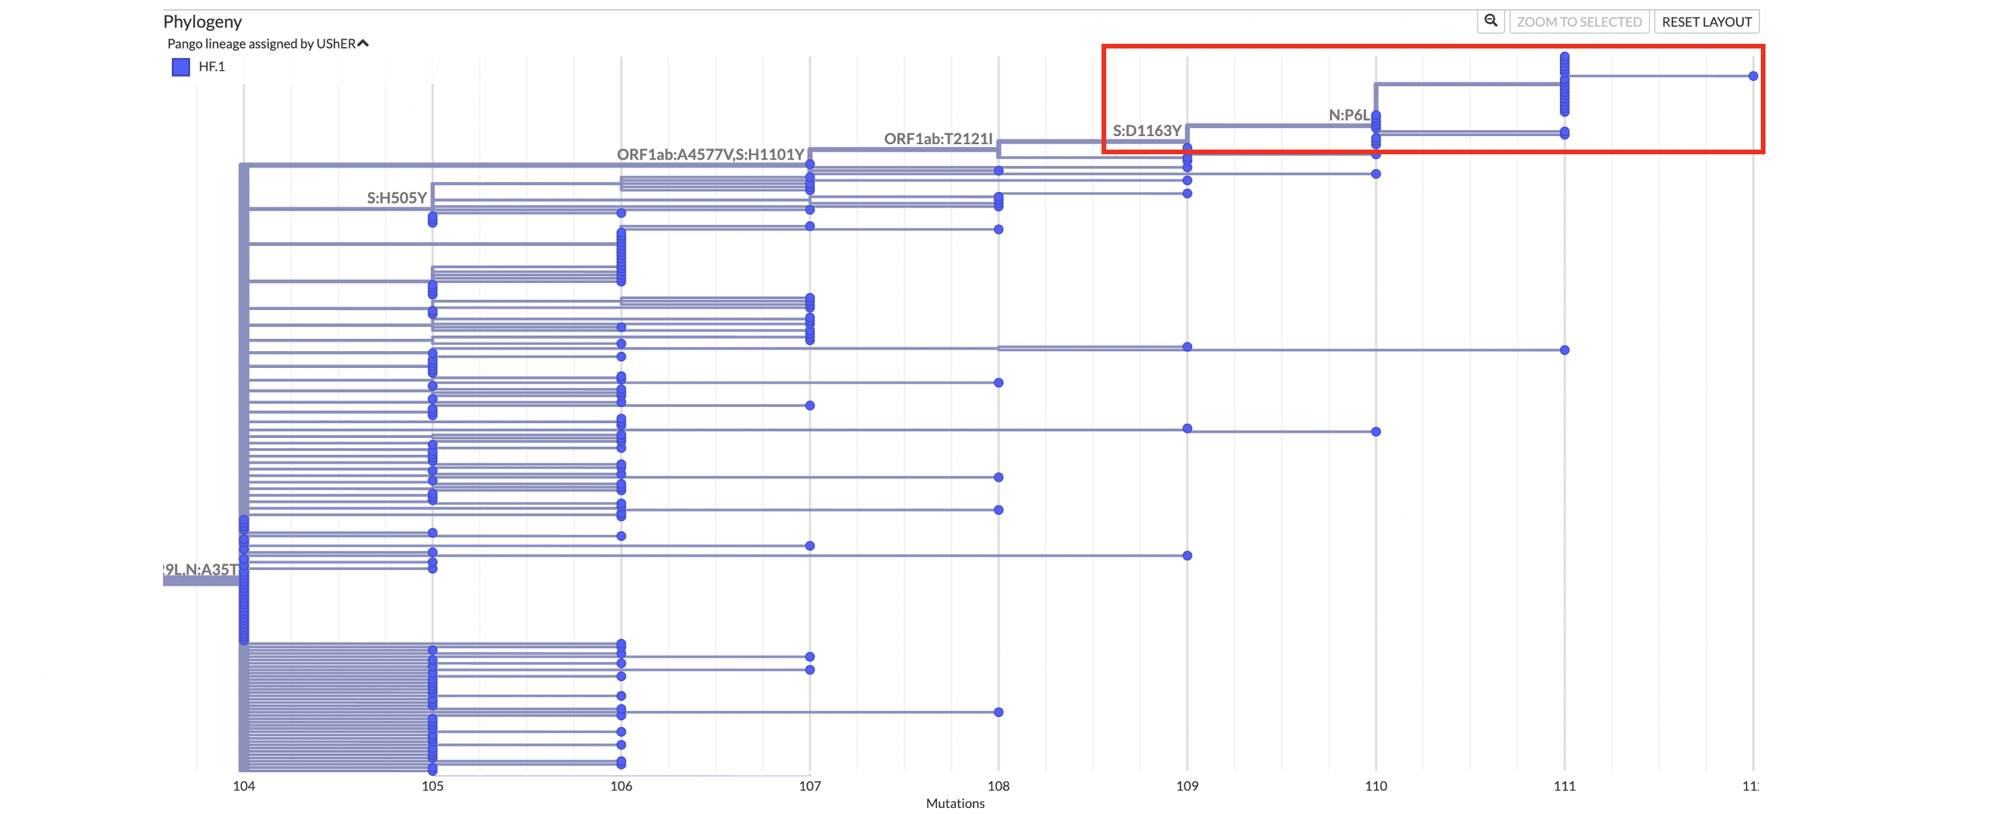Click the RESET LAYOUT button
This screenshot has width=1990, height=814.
pyautogui.click(x=1706, y=22)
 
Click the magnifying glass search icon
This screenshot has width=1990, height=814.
pyautogui.click(x=1490, y=21)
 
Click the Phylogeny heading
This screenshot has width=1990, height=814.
pyautogui.click(x=202, y=22)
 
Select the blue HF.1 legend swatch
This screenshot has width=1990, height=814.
pyautogui.click(x=181, y=67)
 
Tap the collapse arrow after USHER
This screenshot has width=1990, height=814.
pyautogui.click(x=363, y=43)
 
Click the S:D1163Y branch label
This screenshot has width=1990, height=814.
pyautogui.click(x=1147, y=131)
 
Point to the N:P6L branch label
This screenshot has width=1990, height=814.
pyautogui.click(x=1348, y=115)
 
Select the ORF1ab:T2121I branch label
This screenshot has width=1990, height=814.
pyautogui.click(x=938, y=139)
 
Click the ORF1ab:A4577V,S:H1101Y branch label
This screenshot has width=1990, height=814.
pyautogui.click(x=710, y=154)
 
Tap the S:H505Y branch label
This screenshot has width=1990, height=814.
pyautogui.click(x=396, y=197)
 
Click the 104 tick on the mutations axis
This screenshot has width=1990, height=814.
pyautogui.click(x=243, y=786)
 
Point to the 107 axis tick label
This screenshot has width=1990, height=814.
pyautogui.click(x=810, y=786)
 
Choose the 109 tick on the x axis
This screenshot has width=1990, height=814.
pyautogui.click(x=1186, y=786)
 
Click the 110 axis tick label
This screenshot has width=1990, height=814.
pyautogui.click(x=1375, y=786)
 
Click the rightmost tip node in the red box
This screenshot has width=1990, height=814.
pyautogui.click(x=1753, y=75)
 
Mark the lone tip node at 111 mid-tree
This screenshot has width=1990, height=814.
pyautogui.click(x=1565, y=350)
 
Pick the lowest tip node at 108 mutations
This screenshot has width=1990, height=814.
pyautogui.click(x=998, y=712)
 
